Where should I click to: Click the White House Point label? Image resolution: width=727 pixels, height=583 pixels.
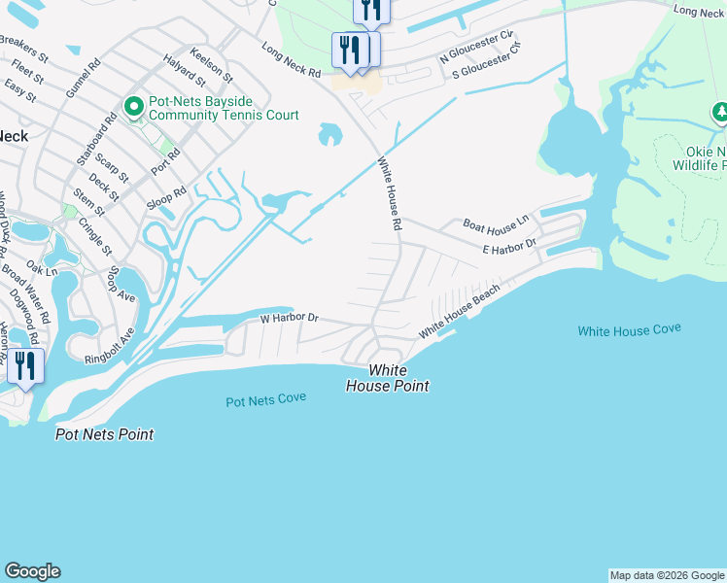[x=387, y=378]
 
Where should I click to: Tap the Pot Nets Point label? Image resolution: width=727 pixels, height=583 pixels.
[x=104, y=434]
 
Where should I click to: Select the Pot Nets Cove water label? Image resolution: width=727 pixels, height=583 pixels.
[x=265, y=399]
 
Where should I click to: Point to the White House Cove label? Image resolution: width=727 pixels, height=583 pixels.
[x=629, y=330]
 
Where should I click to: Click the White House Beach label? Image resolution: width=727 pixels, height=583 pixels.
[x=459, y=313]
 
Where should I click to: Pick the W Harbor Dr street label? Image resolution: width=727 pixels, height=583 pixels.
[x=289, y=318]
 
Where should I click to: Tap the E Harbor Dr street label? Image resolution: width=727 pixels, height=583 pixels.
[x=509, y=249]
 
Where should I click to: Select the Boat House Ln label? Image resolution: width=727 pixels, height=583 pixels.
[x=496, y=223]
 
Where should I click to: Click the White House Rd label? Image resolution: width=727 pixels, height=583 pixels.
[x=390, y=194]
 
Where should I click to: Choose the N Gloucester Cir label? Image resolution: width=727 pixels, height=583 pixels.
[x=476, y=47]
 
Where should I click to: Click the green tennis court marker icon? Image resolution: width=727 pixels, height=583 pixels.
[x=133, y=105]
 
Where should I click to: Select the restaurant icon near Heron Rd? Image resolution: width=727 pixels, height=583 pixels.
[x=24, y=366]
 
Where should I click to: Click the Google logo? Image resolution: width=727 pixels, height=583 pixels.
[x=32, y=571]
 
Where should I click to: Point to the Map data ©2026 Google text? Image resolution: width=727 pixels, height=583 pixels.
[x=667, y=575]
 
